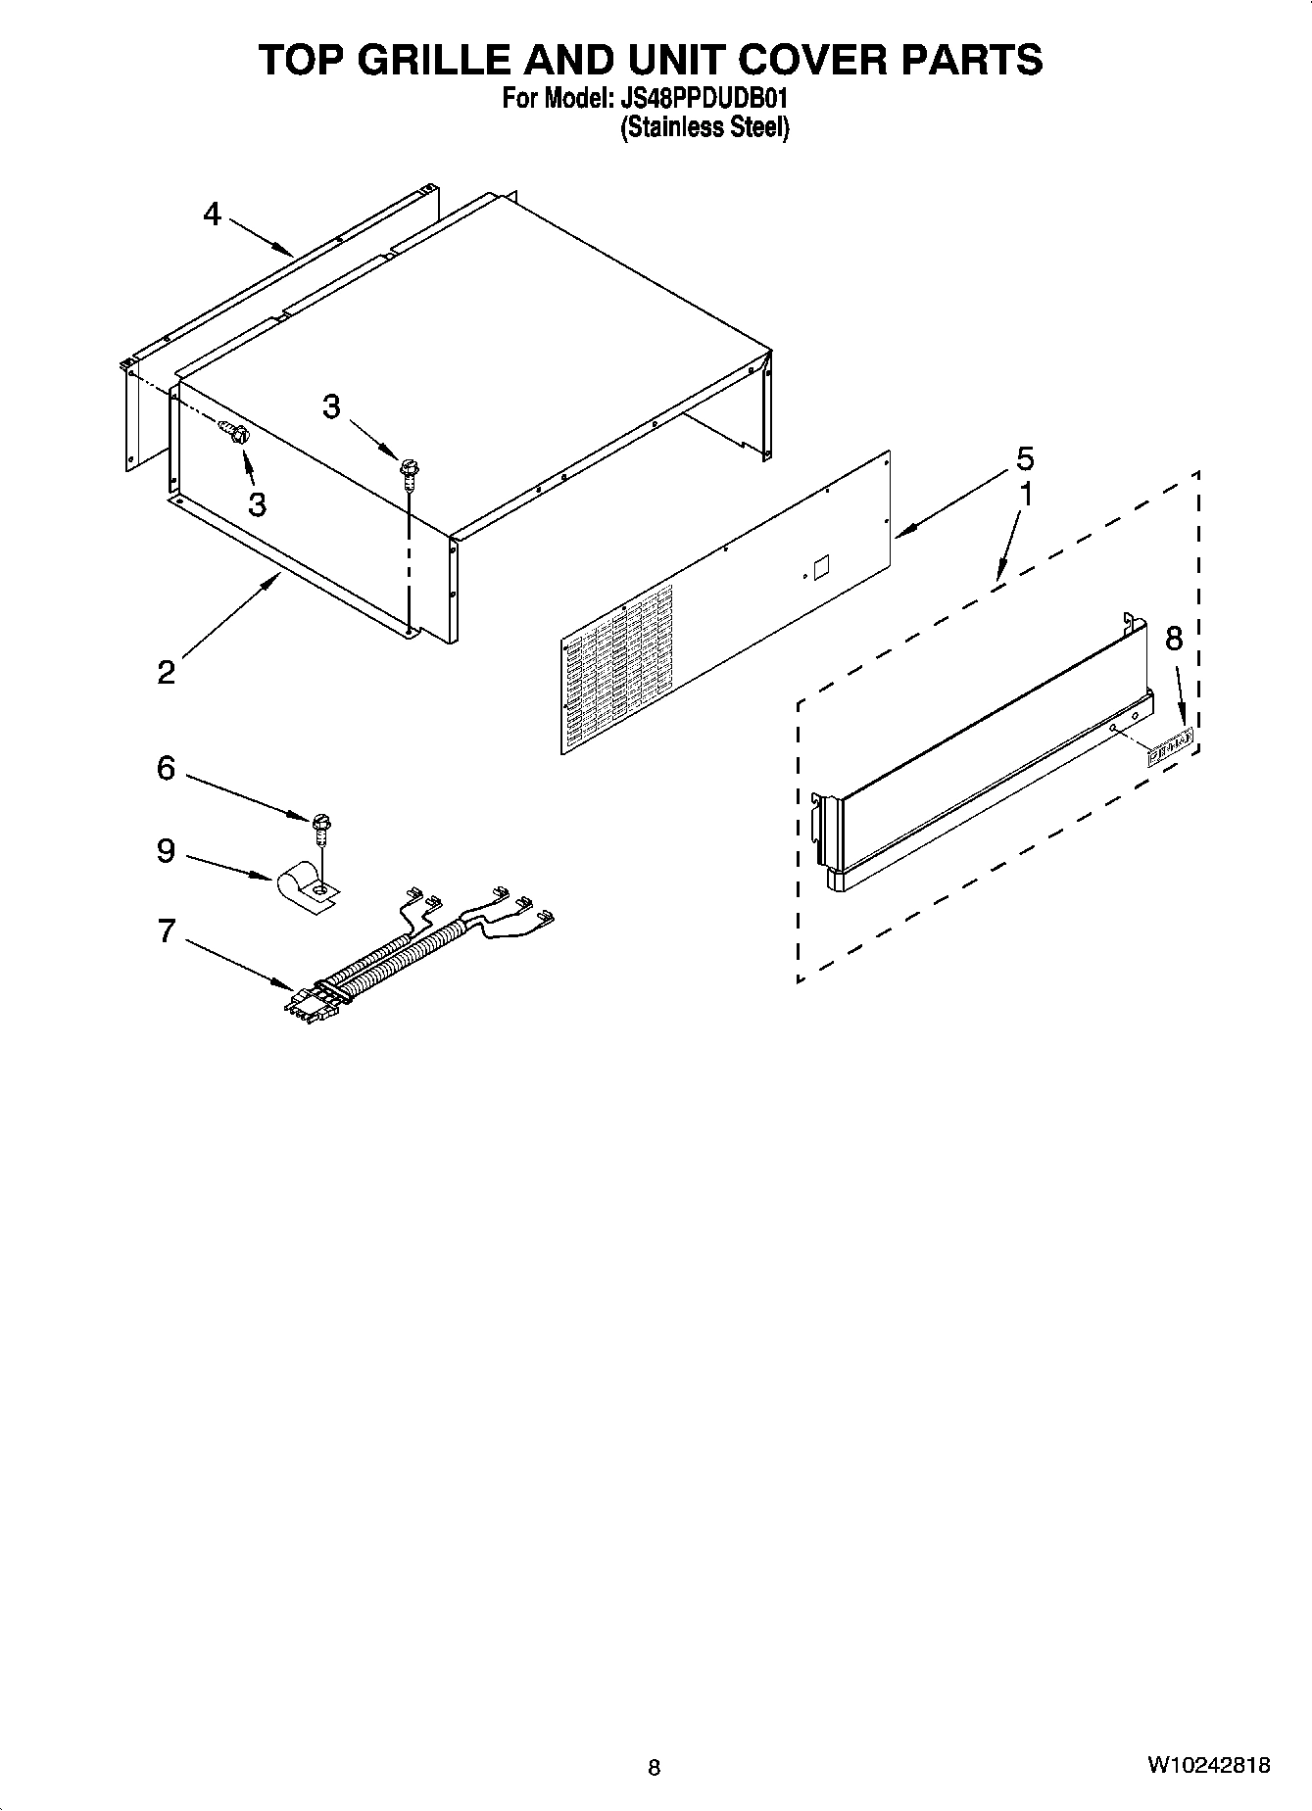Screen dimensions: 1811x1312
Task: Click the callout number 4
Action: [x=213, y=214]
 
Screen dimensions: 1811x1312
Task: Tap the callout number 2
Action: [x=167, y=672]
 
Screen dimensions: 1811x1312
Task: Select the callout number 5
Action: [x=1025, y=458]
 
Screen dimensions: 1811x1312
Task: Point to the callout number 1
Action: [x=1026, y=496]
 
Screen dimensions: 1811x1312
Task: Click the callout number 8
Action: [x=1173, y=639]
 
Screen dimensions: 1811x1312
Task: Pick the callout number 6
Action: [x=167, y=768]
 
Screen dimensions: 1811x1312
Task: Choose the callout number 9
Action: [x=167, y=850]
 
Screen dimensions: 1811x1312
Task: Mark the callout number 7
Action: [x=167, y=930]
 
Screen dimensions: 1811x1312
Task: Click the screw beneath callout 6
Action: [x=320, y=825]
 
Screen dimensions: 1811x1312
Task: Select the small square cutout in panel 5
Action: [x=820, y=566]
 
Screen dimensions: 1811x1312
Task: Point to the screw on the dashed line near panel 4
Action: [x=234, y=431]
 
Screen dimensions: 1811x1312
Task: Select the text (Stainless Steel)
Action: [x=705, y=127]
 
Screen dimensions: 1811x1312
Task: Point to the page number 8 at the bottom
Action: [x=655, y=1768]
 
